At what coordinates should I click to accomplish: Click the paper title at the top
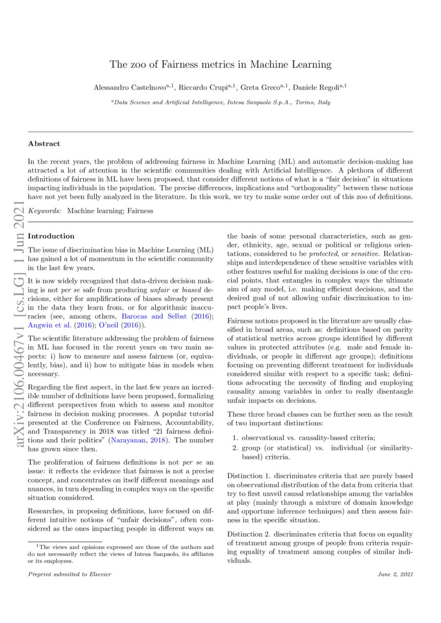[220, 65]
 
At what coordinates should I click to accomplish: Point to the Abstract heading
[44, 143]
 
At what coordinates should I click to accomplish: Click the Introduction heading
[51, 236]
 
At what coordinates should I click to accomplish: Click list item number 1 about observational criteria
[307, 438]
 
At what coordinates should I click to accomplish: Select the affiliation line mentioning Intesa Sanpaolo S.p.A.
[220, 101]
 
